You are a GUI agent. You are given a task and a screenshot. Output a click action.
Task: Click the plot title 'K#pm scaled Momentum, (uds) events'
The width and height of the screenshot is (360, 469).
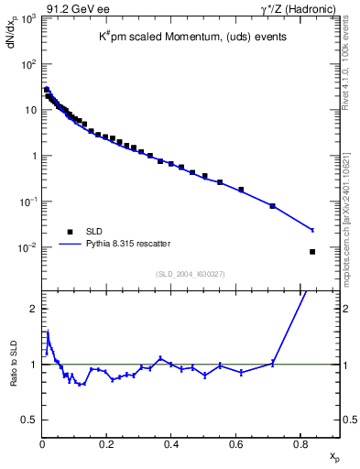click(x=192, y=38)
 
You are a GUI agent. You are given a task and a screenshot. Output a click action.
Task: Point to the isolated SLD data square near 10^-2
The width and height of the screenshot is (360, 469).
click(x=313, y=252)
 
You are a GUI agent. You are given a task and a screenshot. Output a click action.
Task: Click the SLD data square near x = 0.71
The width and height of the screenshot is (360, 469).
click(x=273, y=206)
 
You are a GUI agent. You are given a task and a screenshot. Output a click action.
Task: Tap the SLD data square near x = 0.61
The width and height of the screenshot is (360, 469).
click(x=241, y=190)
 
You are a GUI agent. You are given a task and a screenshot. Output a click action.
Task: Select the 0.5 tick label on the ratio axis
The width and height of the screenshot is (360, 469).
click(x=30, y=420)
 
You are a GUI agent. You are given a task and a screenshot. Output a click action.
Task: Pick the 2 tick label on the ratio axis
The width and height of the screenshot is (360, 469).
click(x=34, y=309)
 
